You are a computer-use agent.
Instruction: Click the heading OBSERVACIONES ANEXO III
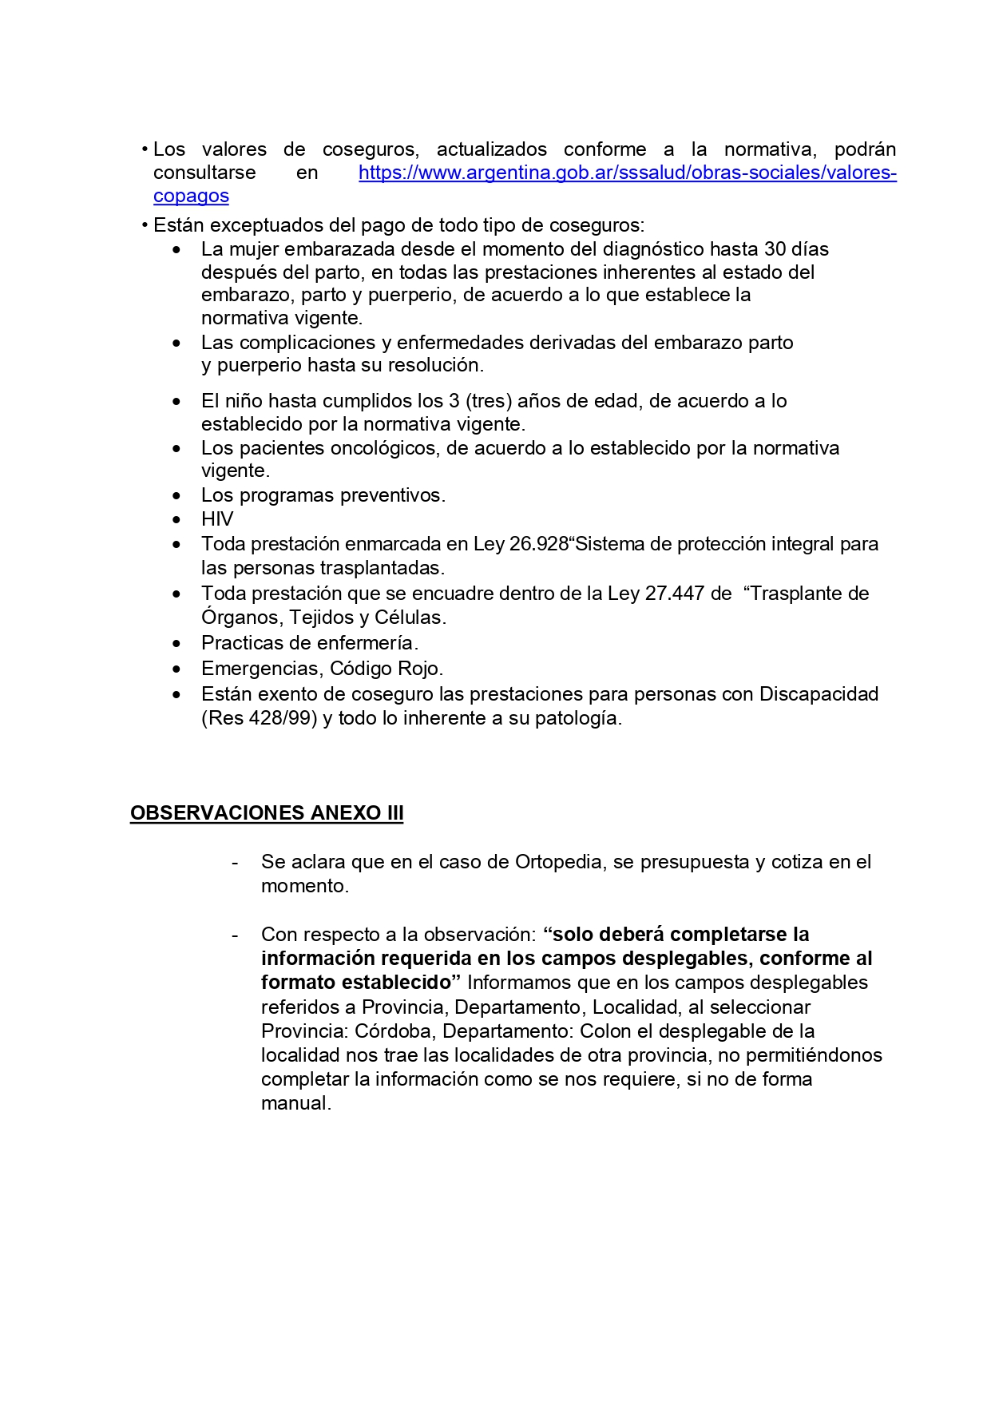pyautogui.click(x=267, y=813)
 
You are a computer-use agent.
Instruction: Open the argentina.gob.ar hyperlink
pyautogui.click(x=627, y=173)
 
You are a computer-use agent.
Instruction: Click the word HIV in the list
pyautogui.click(x=217, y=519)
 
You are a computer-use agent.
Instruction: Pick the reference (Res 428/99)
pyautogui.click(x=260, y=718)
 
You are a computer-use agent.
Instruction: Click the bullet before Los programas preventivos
pyautogui.click(x=176, y=496)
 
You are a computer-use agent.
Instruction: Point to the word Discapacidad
pyautogui.click(x=819, y=694)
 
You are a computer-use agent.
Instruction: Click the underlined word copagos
pyautogui.click(x=191, y=196)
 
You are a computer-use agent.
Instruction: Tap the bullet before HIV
pyautogui.click(x=176, y=520)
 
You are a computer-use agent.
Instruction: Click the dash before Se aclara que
pyautogui.click(x=235, y=863)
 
